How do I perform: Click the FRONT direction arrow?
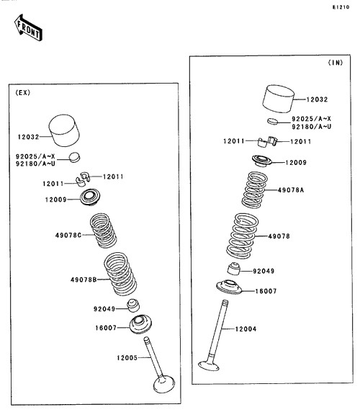coord(28,28)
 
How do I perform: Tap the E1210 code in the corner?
coord(341,7)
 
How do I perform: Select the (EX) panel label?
coord(23,93)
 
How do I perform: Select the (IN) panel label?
coord(336,63)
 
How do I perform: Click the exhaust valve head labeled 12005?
coord(164,385)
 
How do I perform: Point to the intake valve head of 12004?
coord(209,365)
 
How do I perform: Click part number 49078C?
coord(68,235)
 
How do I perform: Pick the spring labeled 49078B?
coord(120,274)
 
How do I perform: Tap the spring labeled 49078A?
coord(254,189)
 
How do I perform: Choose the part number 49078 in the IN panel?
coord(279,236)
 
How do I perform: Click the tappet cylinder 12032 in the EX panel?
coord(64,130)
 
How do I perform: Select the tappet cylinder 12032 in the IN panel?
coord(279,99)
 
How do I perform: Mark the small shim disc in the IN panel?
coord(273,121)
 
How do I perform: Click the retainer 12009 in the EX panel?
coord(90,197)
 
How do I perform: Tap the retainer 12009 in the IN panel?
coord(262,161)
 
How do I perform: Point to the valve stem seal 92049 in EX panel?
coord(133,305)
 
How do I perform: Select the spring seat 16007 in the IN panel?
coord(229,287)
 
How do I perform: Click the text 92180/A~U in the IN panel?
coord(311,126)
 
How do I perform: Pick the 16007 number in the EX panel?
coord(106,328)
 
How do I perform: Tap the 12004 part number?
coord(246,329)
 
